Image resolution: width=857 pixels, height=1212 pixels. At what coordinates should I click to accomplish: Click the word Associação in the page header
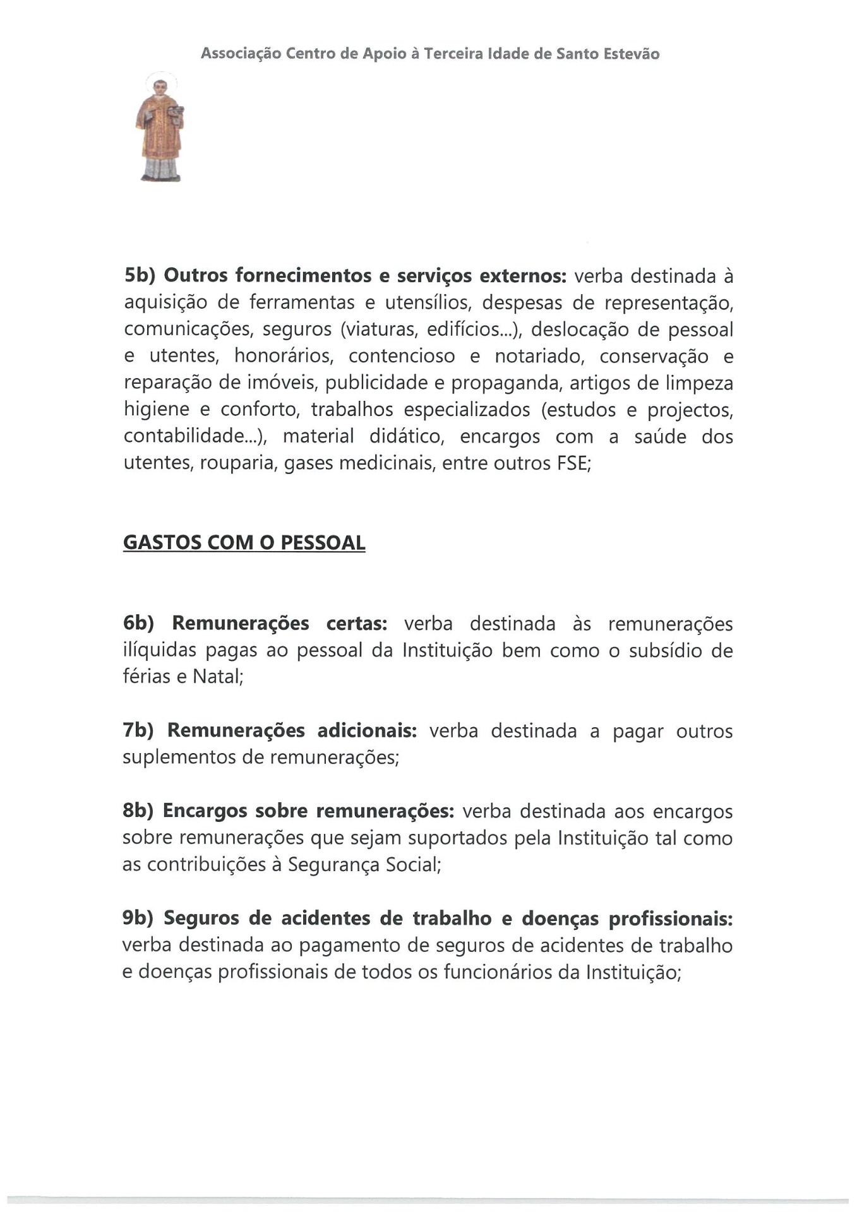[x=240, y=54]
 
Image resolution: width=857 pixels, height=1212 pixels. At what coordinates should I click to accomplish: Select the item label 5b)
[x=140, y=276]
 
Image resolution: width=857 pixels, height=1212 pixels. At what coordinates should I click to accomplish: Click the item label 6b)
[x=139, y=623]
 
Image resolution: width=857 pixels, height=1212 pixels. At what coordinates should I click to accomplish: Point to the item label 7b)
[x=138, y=730]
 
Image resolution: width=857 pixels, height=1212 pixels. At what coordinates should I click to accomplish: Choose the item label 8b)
[x=138, y=811]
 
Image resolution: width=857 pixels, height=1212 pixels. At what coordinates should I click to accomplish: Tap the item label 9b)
[x=138, y=918]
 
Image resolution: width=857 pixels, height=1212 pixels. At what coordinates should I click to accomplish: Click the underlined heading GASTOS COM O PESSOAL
[x=244, y=543]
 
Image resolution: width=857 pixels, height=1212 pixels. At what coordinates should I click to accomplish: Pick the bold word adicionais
[x=367, y=730]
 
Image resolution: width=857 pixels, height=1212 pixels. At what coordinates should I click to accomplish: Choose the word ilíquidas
[x=160, y=650]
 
